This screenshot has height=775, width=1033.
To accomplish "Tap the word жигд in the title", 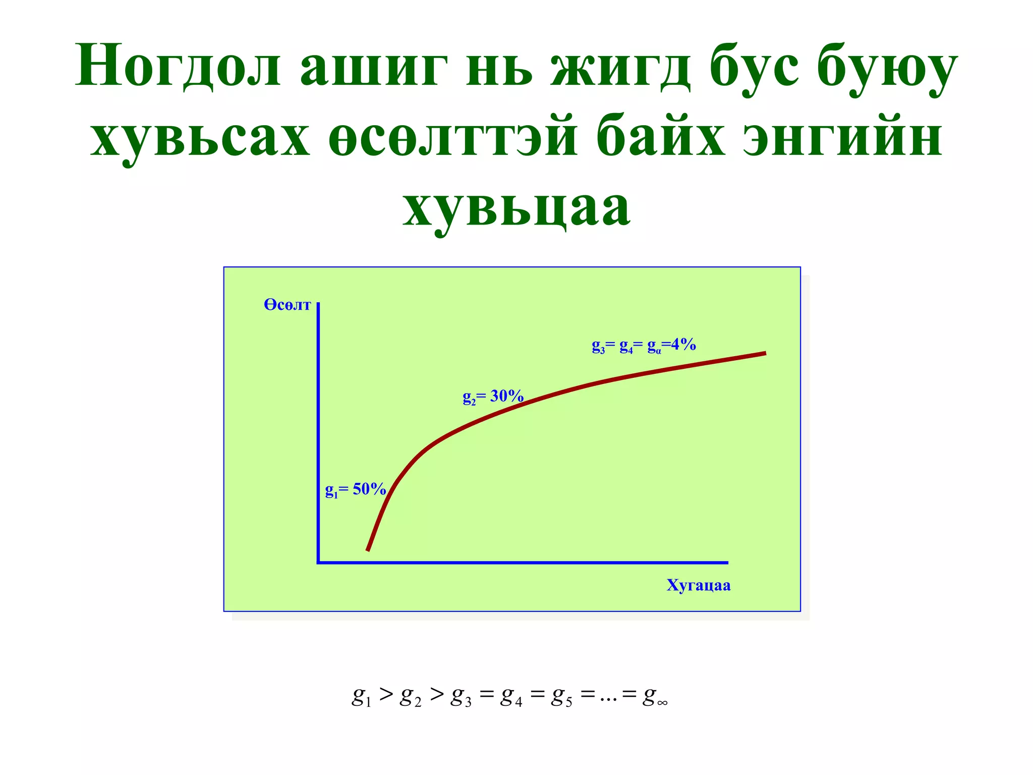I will click(620, 68).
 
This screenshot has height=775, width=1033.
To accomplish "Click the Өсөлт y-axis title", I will click(287, 305).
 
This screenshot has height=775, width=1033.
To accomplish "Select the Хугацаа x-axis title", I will click(698, 585).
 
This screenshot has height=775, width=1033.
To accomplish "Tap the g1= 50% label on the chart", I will click(356, 489).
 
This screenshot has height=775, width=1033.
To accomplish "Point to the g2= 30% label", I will click(493, 397).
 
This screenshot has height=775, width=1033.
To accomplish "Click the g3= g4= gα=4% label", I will click(644, 346).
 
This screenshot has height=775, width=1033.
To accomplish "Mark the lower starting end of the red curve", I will click(368, 549).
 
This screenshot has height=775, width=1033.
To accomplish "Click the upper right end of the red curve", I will click(764, 354).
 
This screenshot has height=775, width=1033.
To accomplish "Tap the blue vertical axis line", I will click(318, 429).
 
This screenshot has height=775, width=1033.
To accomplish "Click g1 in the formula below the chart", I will click(361, 697).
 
